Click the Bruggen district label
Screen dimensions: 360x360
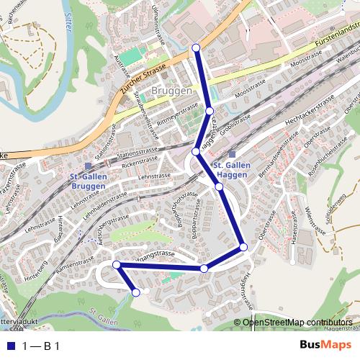[x=172, y=91]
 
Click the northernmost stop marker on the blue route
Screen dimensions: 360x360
[x=196, y=48]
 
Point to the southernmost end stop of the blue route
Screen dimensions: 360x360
[x=135, y=292]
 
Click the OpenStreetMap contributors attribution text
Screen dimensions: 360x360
[x=297, y=323]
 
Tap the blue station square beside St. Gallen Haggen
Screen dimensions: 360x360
[x=232, y=154]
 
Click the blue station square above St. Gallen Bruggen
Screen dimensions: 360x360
[x=88, y=155]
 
